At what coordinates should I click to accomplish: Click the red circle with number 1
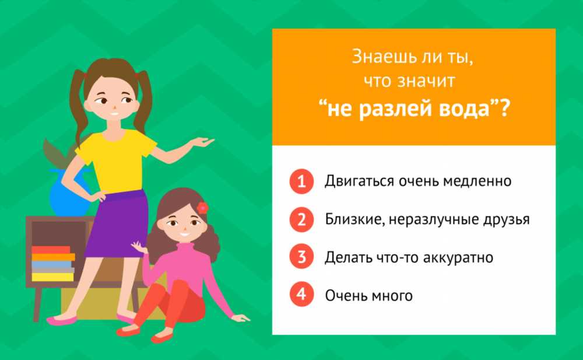(301, 181)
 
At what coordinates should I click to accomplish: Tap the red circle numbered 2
(301, 219)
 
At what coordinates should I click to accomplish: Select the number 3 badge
(301, 257)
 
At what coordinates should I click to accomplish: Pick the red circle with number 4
(301, 294)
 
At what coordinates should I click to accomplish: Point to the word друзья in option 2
(506, 219)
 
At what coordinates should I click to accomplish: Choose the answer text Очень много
(369, 296)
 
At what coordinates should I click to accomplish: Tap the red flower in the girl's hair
(203, 207)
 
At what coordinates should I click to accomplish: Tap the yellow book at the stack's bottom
(53, 277)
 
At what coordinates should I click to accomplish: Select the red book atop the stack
(51, 250)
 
